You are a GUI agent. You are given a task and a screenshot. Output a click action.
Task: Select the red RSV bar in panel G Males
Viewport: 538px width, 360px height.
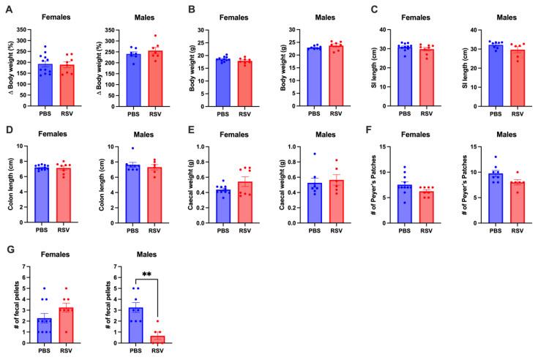[155, 338]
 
